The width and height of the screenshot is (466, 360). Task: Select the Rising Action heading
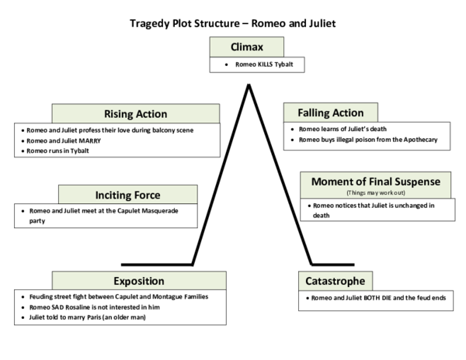[x=135, y=114]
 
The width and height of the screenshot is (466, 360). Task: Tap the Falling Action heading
[x=330, y=112]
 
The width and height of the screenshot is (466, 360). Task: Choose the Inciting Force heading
[x=127, y=194]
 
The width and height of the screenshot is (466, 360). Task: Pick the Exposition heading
[x=139, y=281]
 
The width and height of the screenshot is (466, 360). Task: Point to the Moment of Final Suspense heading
[x=376, y=182]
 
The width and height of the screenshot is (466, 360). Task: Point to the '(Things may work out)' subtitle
[x=376, y=192]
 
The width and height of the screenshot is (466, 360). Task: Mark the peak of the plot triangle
[x=249, y=84]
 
